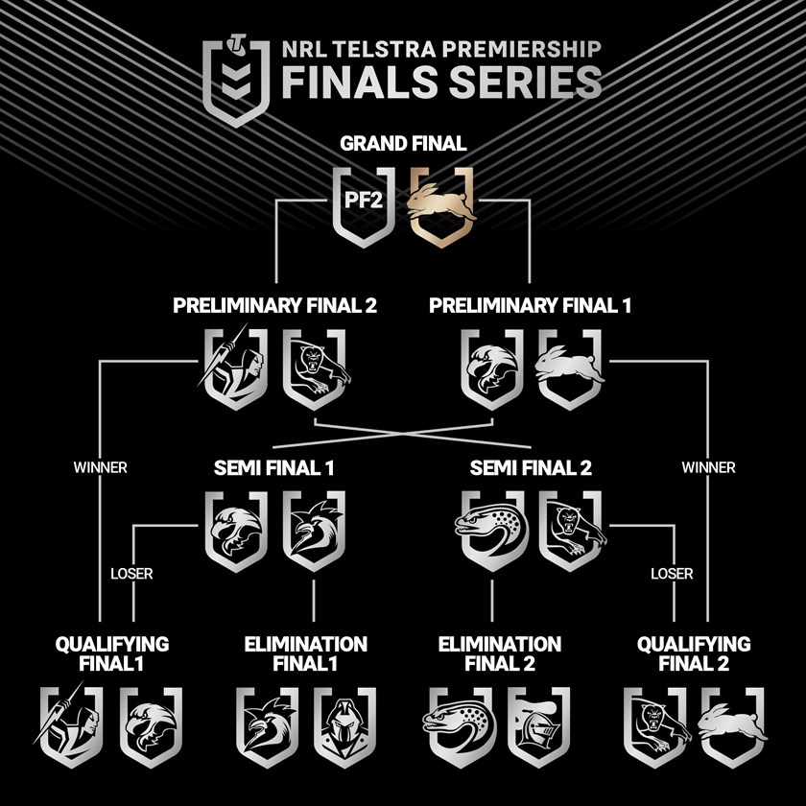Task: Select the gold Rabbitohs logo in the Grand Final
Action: [x=443, y=205]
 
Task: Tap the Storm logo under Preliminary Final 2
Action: [x=235, y=368]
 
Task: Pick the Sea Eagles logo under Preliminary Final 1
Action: [x=491, y=368]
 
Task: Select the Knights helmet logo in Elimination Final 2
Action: [x=539, y=726]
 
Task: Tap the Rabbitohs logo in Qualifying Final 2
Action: [x=731, y=726]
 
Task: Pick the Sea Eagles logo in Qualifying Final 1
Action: [x=152, y=726]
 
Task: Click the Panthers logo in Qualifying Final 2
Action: [x=652, y=726]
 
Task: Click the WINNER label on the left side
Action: [x=100, y=468]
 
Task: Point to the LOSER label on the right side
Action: [x=672, y=575]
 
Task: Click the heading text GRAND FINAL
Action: [x=403, y=144]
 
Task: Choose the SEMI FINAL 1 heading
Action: [x=273, y=470]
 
